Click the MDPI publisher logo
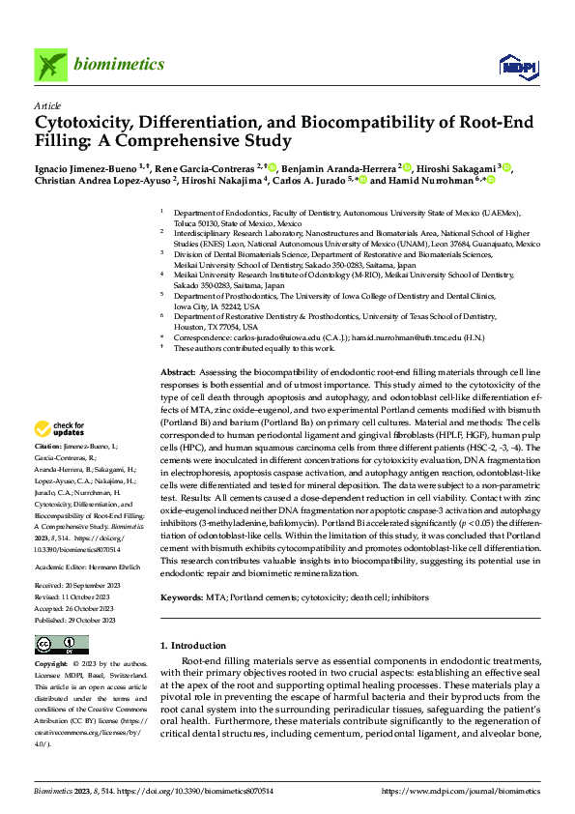(515, 65)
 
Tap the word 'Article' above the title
(47, 105)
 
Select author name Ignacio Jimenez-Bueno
(85, 167)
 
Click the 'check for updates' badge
(61, 428)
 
